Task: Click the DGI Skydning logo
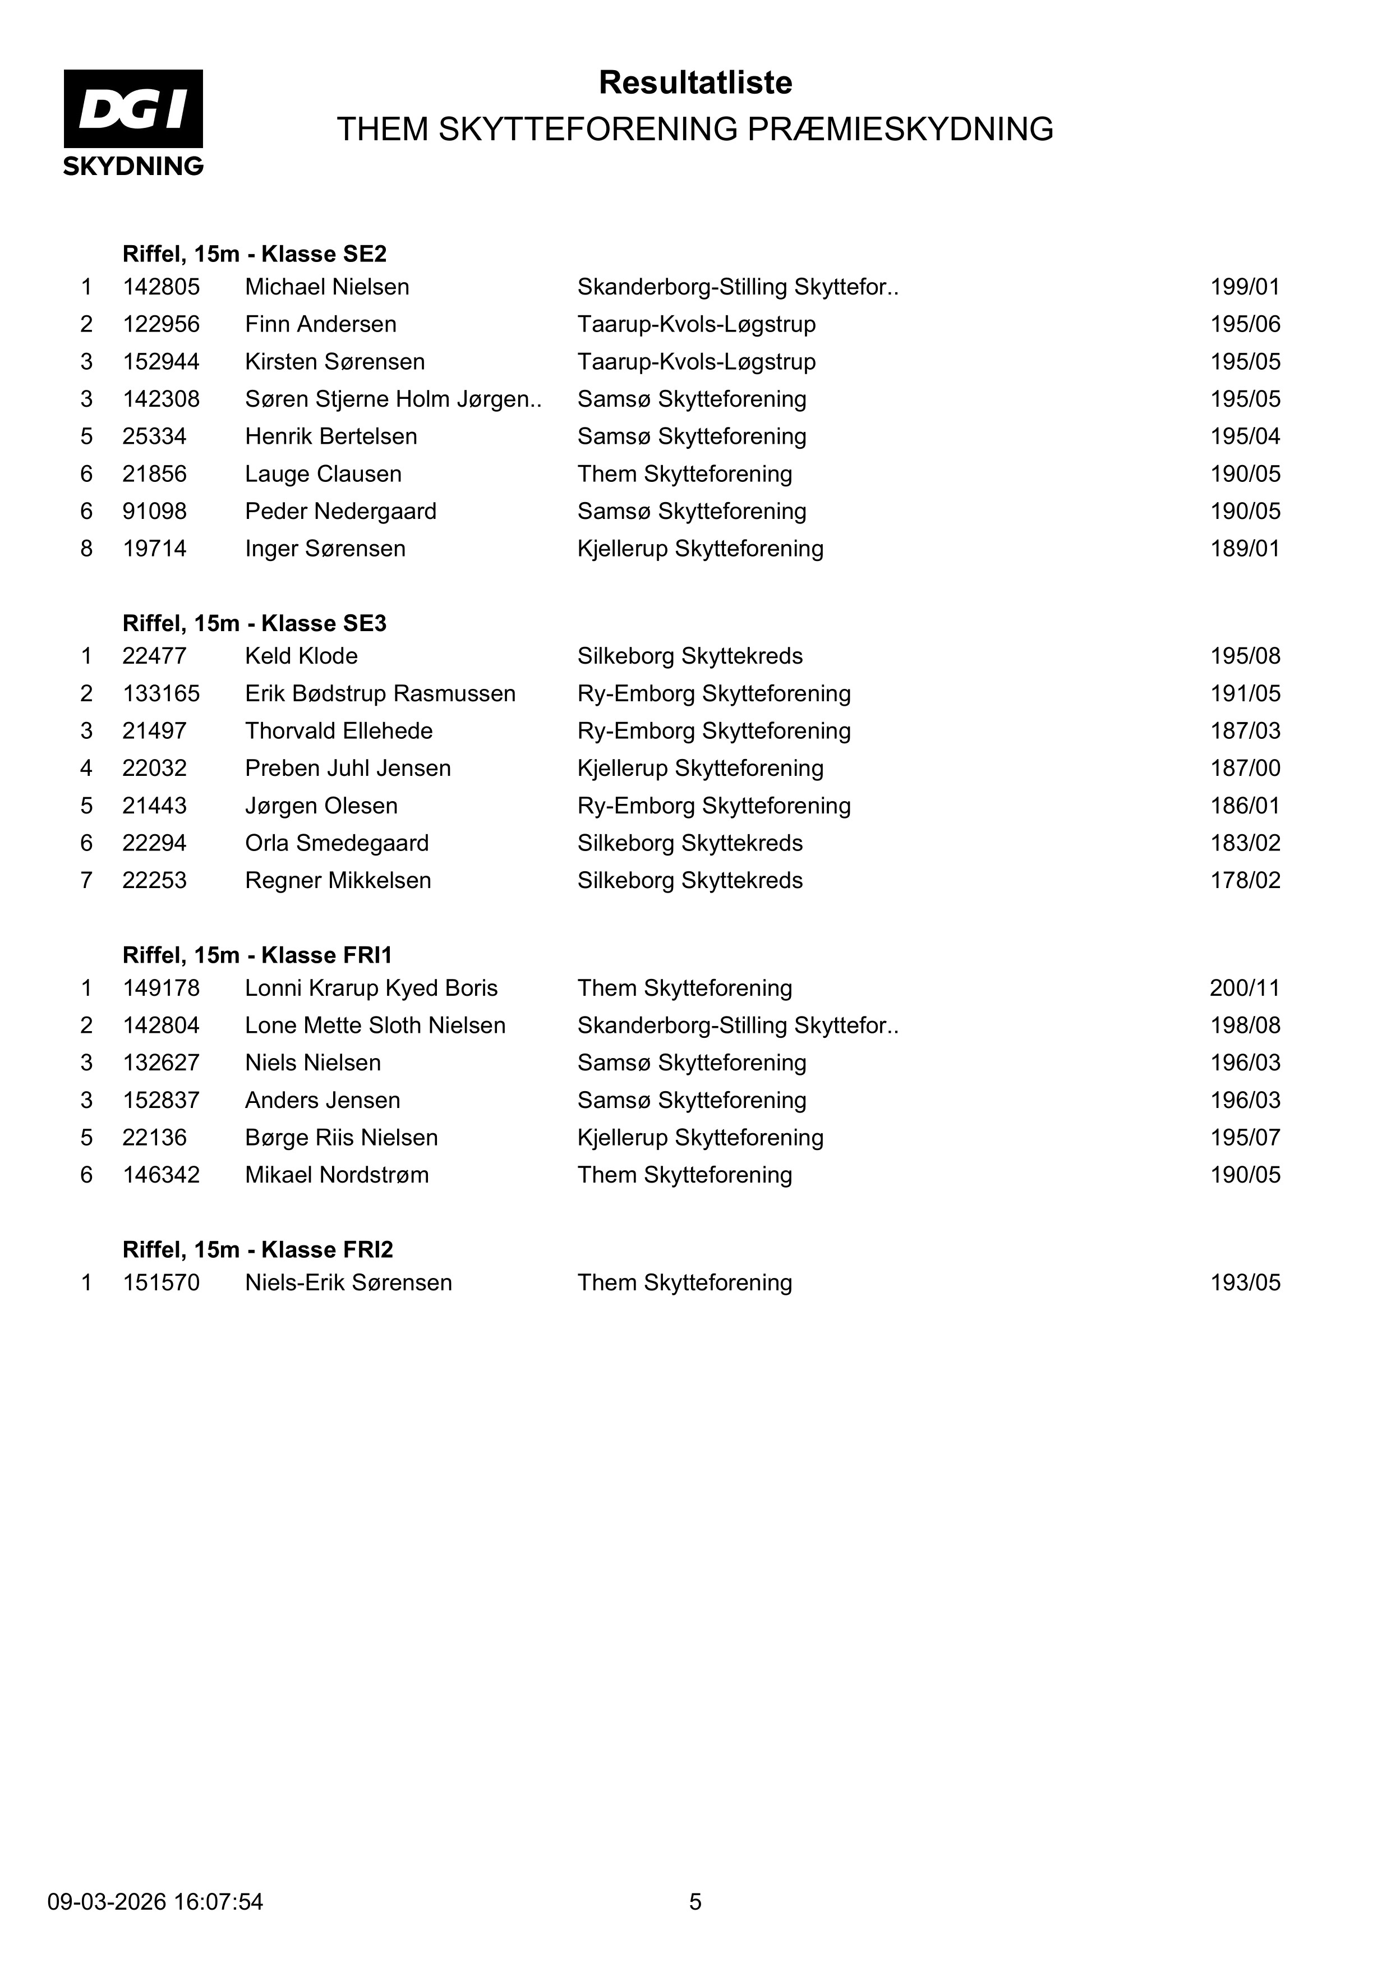133,122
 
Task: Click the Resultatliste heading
695,82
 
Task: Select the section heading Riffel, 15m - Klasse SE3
255,623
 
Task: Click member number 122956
161,324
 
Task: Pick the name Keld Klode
301,656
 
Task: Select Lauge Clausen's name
323,474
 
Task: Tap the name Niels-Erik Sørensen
348,1282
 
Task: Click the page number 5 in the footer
695,1902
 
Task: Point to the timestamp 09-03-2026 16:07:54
155,1902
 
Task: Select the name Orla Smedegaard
337,843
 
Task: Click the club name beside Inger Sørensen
700,549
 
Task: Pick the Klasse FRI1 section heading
257,955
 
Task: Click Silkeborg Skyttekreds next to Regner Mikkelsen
690,880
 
